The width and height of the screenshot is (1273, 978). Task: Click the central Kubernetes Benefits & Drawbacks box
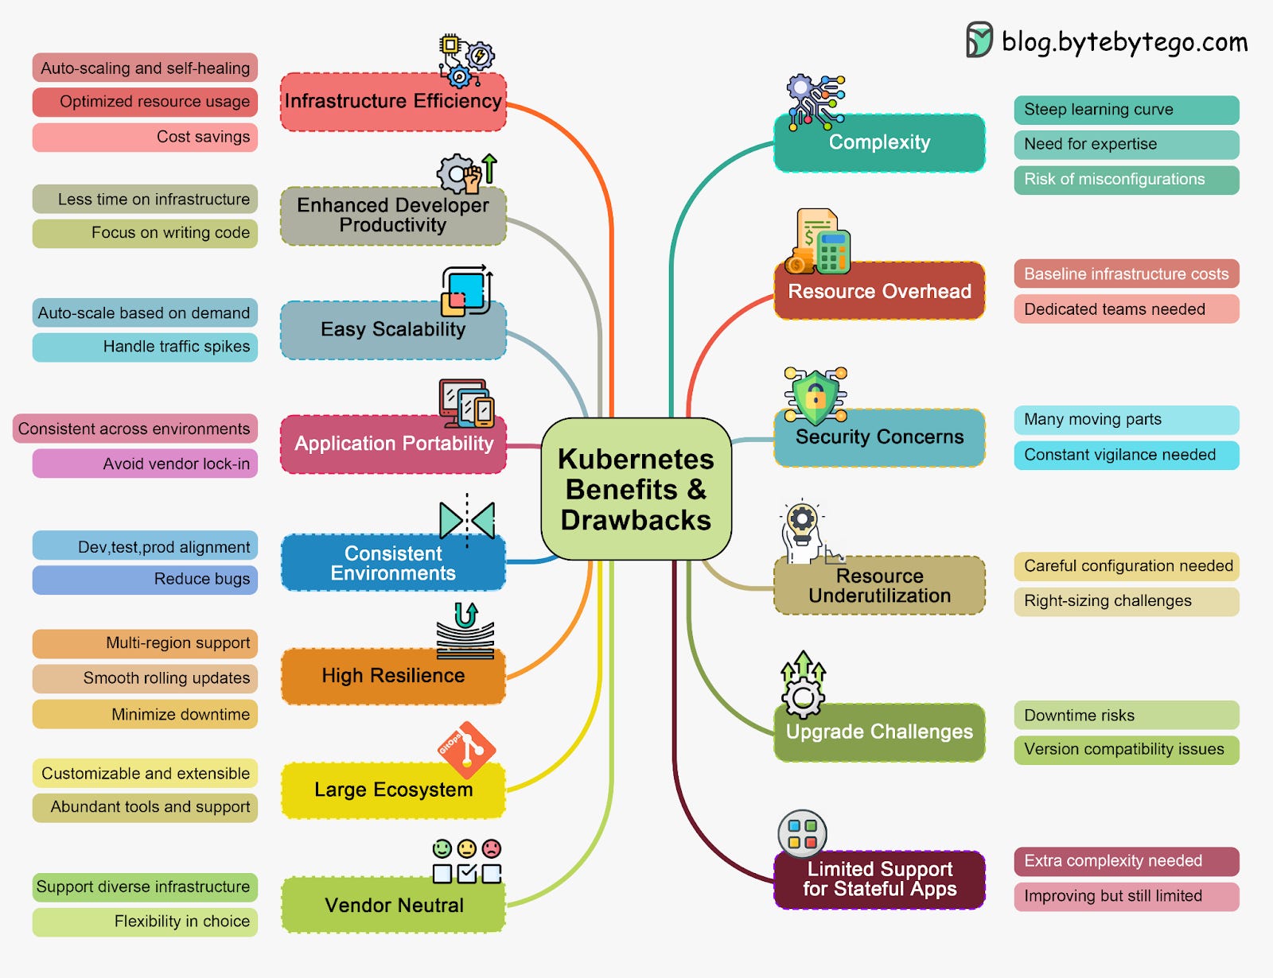pos(636,489)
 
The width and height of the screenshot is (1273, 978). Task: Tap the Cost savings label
pos(145,137)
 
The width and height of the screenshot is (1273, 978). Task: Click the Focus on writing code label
pos(145,233)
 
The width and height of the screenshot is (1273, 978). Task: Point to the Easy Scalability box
pos(393,330)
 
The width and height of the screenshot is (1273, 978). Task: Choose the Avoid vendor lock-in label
pos(145,464)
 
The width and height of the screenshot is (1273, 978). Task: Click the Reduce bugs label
pos(145,579)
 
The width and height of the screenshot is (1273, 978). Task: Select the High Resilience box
pos(393,677)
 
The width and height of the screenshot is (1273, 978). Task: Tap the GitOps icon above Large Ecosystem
pos(466,749)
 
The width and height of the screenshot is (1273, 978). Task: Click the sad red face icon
pos(492,848)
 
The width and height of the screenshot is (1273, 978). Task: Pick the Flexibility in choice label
pos(145,922)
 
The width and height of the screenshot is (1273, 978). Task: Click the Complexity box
pos(879,143)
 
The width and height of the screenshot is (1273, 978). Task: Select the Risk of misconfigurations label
pos(1126,180)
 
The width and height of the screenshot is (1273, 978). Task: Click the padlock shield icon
pos(816,395)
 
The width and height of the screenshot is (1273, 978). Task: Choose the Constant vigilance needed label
pos(1126,455)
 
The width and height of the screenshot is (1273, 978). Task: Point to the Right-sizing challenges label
pos(1126,601)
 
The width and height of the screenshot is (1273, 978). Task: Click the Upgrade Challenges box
pos(879,732)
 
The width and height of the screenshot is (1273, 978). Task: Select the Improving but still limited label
pos(1126,896)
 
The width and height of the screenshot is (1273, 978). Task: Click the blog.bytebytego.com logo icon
pos(979,40)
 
